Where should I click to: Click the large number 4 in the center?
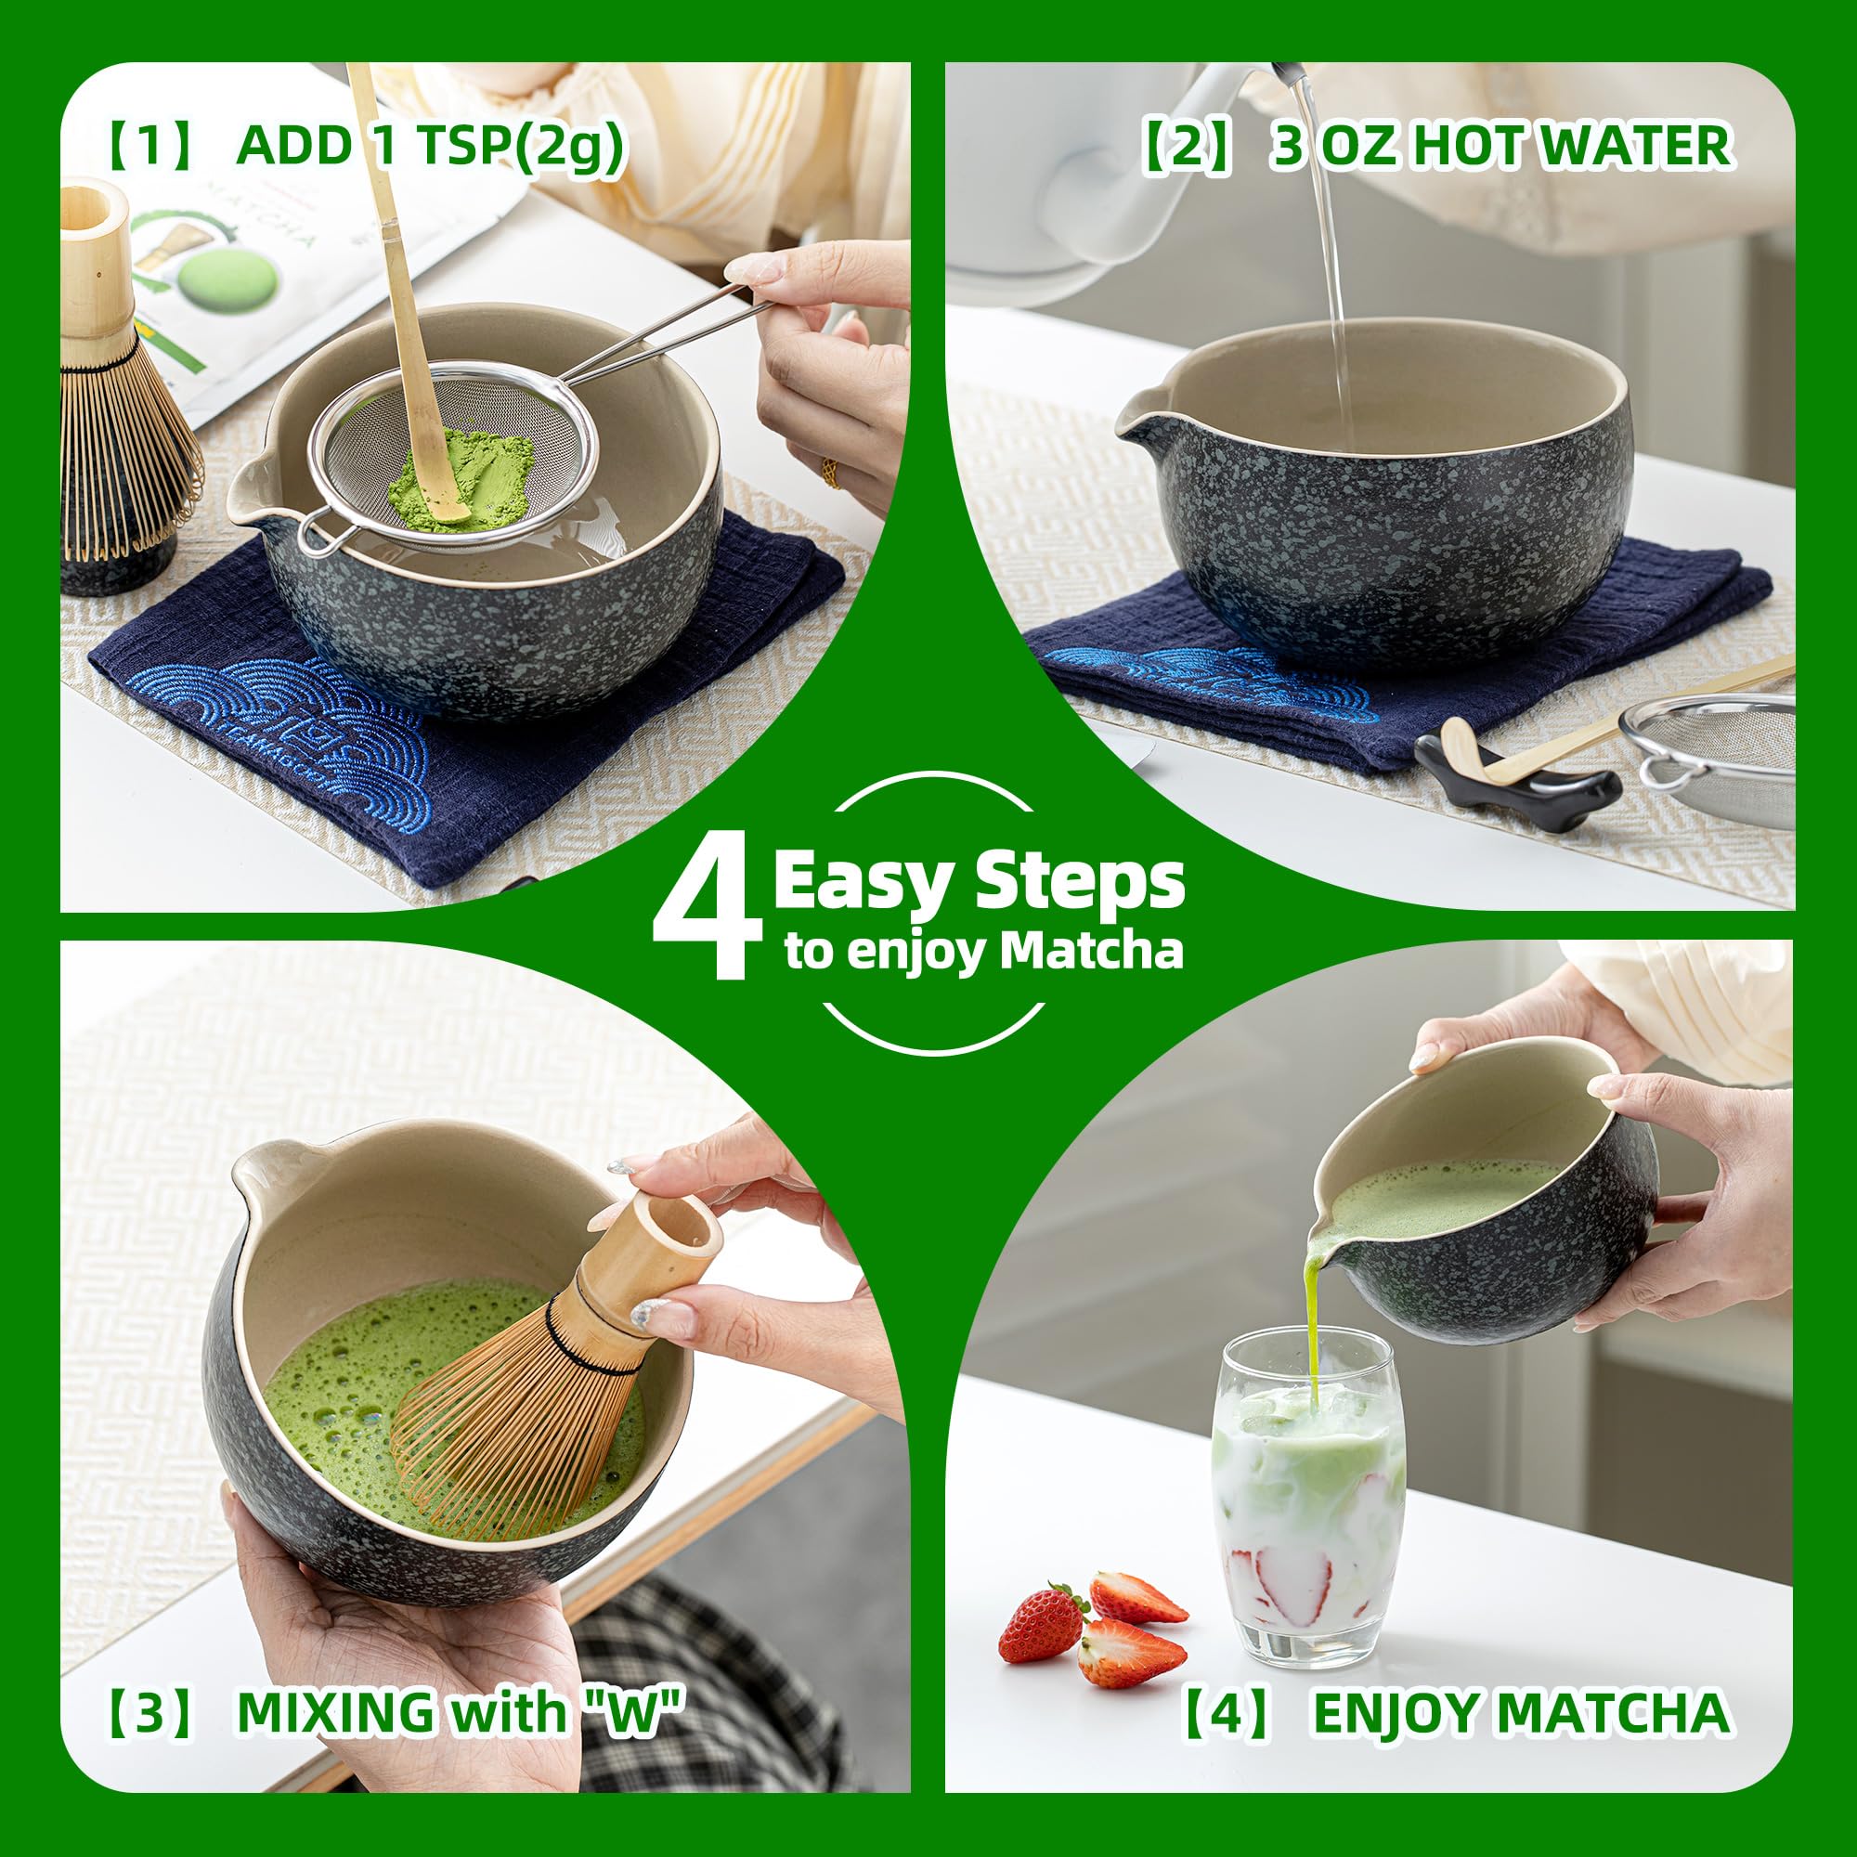(x=701, y=913)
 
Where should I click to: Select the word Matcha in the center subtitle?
(x=1090, y=952)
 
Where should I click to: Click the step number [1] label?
(x=149, y=147)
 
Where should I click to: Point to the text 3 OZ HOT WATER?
(x=1500, y=147)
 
